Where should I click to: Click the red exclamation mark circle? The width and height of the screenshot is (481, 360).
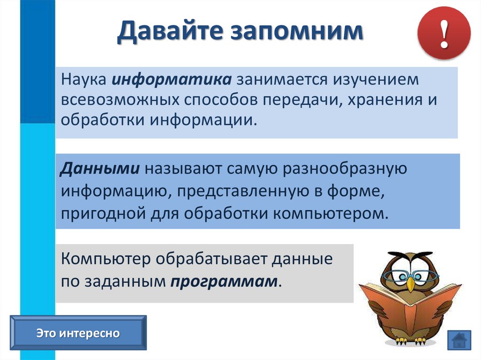pos(443,33)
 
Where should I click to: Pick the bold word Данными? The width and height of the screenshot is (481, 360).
pos(100,169)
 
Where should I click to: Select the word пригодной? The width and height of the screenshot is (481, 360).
pos(103,214)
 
